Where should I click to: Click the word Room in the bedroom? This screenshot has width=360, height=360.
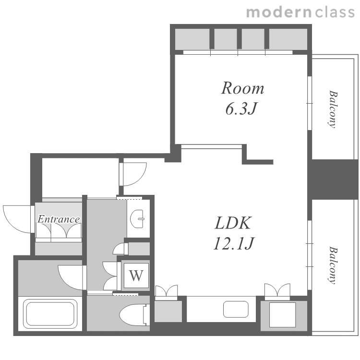coord(242,88)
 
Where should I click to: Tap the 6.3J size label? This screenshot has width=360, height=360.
coord(241,108)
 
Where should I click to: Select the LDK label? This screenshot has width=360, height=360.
coord(233,223)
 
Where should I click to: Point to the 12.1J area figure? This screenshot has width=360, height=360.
coord(234,243)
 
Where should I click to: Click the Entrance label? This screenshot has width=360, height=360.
coord(59,219)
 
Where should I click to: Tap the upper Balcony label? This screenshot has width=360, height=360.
coord(333,109)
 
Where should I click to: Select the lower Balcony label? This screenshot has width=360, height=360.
coord(333,265)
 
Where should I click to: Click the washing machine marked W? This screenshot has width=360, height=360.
coord(136,276)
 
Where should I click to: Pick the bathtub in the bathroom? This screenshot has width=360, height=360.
coord(50,313)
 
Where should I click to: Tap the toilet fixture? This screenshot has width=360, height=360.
coord(133,315)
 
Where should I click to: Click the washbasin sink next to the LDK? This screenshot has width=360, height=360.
coord(137,219)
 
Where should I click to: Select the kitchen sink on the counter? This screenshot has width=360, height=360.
coord(236,309)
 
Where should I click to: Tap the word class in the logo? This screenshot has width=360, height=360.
coord(335,12)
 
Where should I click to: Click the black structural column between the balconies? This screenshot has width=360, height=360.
coord(333,180)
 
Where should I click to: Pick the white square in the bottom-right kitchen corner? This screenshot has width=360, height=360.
coord(282,314)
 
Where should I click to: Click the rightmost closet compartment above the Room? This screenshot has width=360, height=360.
coord(288,39)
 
